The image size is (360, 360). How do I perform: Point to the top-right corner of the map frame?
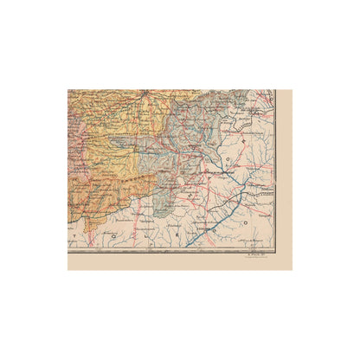274,90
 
